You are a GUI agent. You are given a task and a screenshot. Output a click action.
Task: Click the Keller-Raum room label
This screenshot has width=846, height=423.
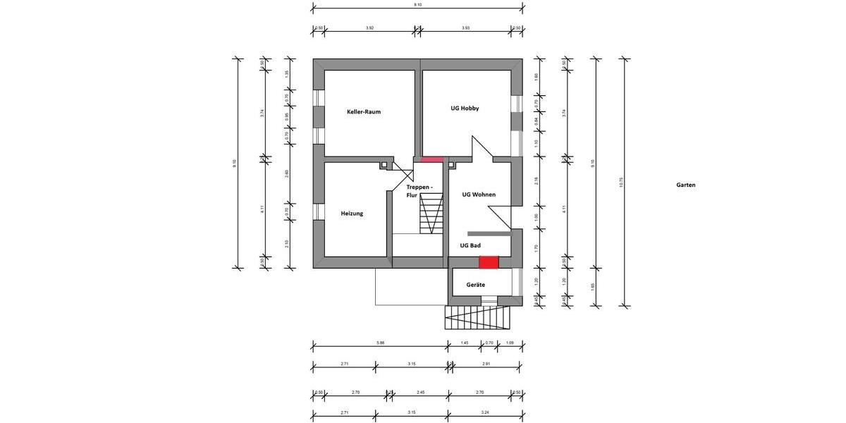click(363, 111)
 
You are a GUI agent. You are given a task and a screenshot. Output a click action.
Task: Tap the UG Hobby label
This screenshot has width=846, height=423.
click(465, 109)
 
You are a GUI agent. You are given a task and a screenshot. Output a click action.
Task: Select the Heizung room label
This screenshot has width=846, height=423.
click(352, 213)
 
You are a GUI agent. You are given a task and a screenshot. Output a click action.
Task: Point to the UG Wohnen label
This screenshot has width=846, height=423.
click(479, 195)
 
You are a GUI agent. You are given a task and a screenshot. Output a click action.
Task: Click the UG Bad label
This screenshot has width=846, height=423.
click(470, 245)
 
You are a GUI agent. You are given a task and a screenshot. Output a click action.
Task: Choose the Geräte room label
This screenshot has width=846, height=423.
click(475, 285)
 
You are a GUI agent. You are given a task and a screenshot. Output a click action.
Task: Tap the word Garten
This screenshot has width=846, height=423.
click(685, 185)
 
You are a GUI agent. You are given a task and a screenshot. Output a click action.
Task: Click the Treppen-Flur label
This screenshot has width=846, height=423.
click(419, 190)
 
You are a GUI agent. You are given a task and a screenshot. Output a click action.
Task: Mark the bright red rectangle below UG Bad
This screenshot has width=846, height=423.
click(489, 262)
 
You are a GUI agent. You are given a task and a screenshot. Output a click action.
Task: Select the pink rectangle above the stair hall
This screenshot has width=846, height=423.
click(431, 159)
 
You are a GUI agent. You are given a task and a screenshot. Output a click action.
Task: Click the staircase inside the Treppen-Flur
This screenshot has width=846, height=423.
click(430, 215)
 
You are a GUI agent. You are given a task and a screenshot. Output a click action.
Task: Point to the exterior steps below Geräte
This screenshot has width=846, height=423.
click(477, 318)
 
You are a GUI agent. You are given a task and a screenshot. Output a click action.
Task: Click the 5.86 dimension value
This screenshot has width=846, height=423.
click(380, 343)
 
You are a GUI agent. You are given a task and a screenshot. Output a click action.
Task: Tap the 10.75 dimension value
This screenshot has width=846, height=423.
click(621, 183)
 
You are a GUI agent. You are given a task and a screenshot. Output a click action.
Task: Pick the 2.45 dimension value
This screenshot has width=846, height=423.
click(420, 392)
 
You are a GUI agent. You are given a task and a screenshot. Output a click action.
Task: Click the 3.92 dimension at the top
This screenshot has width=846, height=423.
click(369, 27)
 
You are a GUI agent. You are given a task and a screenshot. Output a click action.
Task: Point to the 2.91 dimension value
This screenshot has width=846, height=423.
click(486, 364)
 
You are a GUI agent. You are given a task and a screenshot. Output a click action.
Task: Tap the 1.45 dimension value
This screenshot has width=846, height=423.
click(464, 343)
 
